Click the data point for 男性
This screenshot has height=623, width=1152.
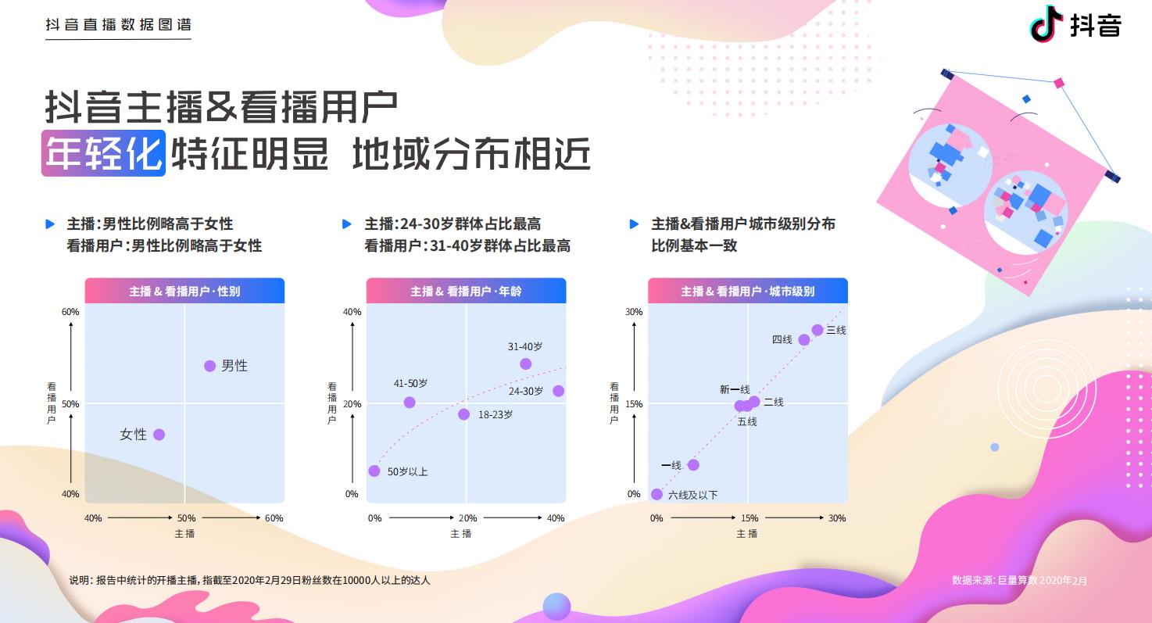pos(209,366)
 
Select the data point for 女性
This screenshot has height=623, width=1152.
pos(159,435)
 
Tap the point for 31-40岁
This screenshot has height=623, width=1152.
pos(526,363)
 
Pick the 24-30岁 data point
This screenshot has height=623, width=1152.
pos(559,391)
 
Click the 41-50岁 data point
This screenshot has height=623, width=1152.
pos(410,403)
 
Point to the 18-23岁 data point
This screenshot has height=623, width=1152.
pos(464,414)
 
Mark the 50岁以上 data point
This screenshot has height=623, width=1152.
pos(374,471)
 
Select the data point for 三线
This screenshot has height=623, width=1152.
pos(817,330)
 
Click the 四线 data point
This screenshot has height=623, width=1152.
pos(804,339)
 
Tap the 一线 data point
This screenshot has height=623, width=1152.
pos(693,465)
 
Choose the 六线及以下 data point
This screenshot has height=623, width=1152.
pos(656,494)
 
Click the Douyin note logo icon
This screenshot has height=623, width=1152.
pos(1046,23)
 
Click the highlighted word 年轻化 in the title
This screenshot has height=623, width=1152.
pos(103,153)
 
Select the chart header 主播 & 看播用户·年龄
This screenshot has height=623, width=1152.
pos(466,292)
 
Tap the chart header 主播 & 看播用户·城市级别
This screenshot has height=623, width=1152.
pos(748,292)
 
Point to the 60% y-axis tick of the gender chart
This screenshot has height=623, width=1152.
pos(70,312)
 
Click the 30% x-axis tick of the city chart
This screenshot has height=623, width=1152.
pos(837,518)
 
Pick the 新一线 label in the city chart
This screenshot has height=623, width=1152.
pos(735,389)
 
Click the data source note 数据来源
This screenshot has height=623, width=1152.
pos(1019,580)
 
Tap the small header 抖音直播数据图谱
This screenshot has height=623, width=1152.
pos(118,25)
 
